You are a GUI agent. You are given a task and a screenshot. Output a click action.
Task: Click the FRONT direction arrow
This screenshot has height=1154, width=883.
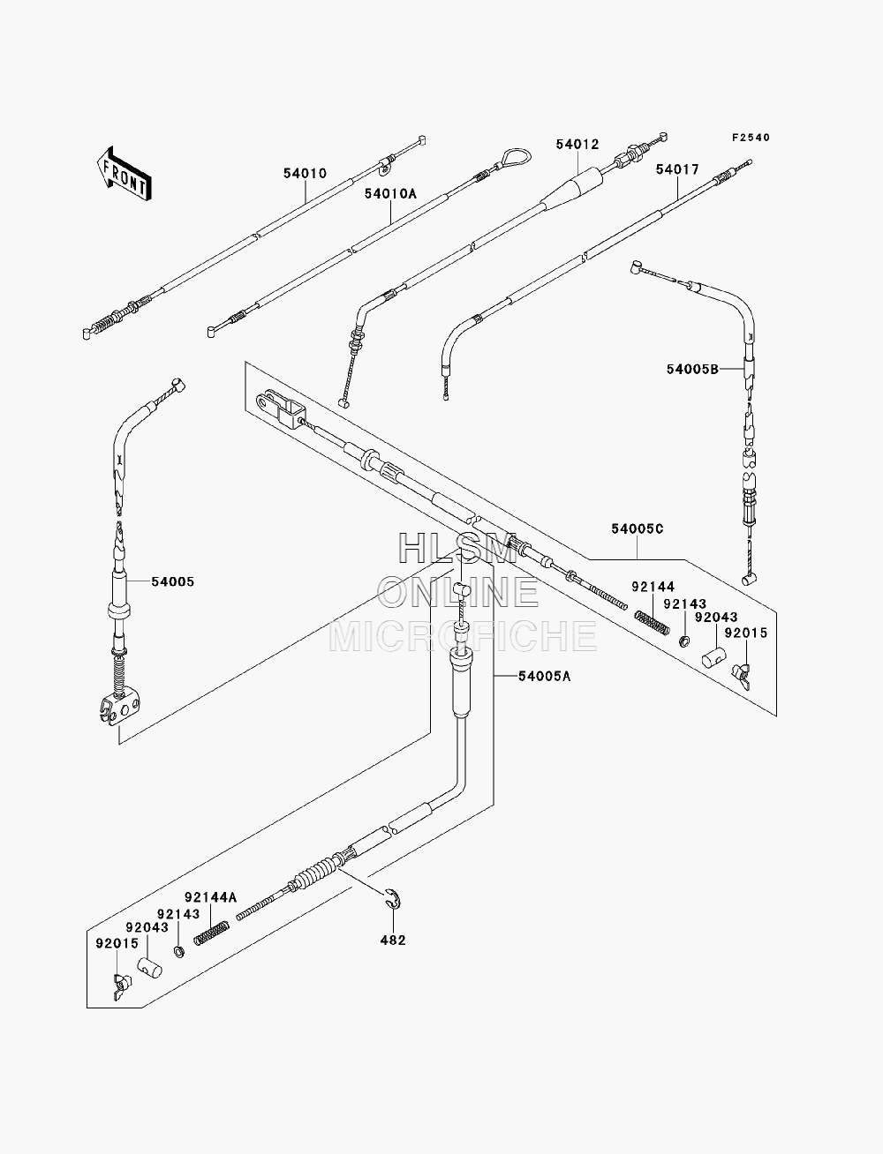[x=125, y=174]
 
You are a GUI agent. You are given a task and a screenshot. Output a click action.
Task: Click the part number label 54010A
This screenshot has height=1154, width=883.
[x=390, y=194]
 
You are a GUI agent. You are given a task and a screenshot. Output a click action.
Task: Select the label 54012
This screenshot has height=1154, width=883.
[x=577, y=144]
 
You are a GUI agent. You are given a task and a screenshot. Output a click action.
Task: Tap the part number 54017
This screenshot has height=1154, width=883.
[x=677, y=169]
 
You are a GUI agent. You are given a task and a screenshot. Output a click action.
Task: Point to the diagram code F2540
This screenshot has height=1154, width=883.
[x=751, y=138]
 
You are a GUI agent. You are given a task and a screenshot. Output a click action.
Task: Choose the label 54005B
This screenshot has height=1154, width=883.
[x=692, y=369]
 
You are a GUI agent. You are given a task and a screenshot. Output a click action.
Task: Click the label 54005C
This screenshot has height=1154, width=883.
[x=638, y=528]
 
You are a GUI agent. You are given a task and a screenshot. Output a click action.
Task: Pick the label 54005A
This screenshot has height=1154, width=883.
[x=544, y=676]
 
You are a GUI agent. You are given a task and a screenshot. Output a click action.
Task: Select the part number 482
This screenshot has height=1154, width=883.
[x=393, y=940]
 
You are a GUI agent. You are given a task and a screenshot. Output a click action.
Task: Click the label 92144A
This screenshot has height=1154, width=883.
[x=210, y=897]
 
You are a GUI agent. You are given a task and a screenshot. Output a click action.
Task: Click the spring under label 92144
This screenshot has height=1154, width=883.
[x=652, y=622]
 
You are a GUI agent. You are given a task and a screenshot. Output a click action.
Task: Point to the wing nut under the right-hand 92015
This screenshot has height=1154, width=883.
[x=743, y=676]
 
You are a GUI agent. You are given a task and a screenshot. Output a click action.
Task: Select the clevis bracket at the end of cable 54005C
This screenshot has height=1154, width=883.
[x=282, y=408]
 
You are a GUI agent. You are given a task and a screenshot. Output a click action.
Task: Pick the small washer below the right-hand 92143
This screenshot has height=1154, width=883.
[x=684, y=641]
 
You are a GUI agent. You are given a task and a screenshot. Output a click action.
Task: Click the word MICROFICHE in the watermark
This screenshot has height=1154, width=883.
[x=463, y=636]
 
